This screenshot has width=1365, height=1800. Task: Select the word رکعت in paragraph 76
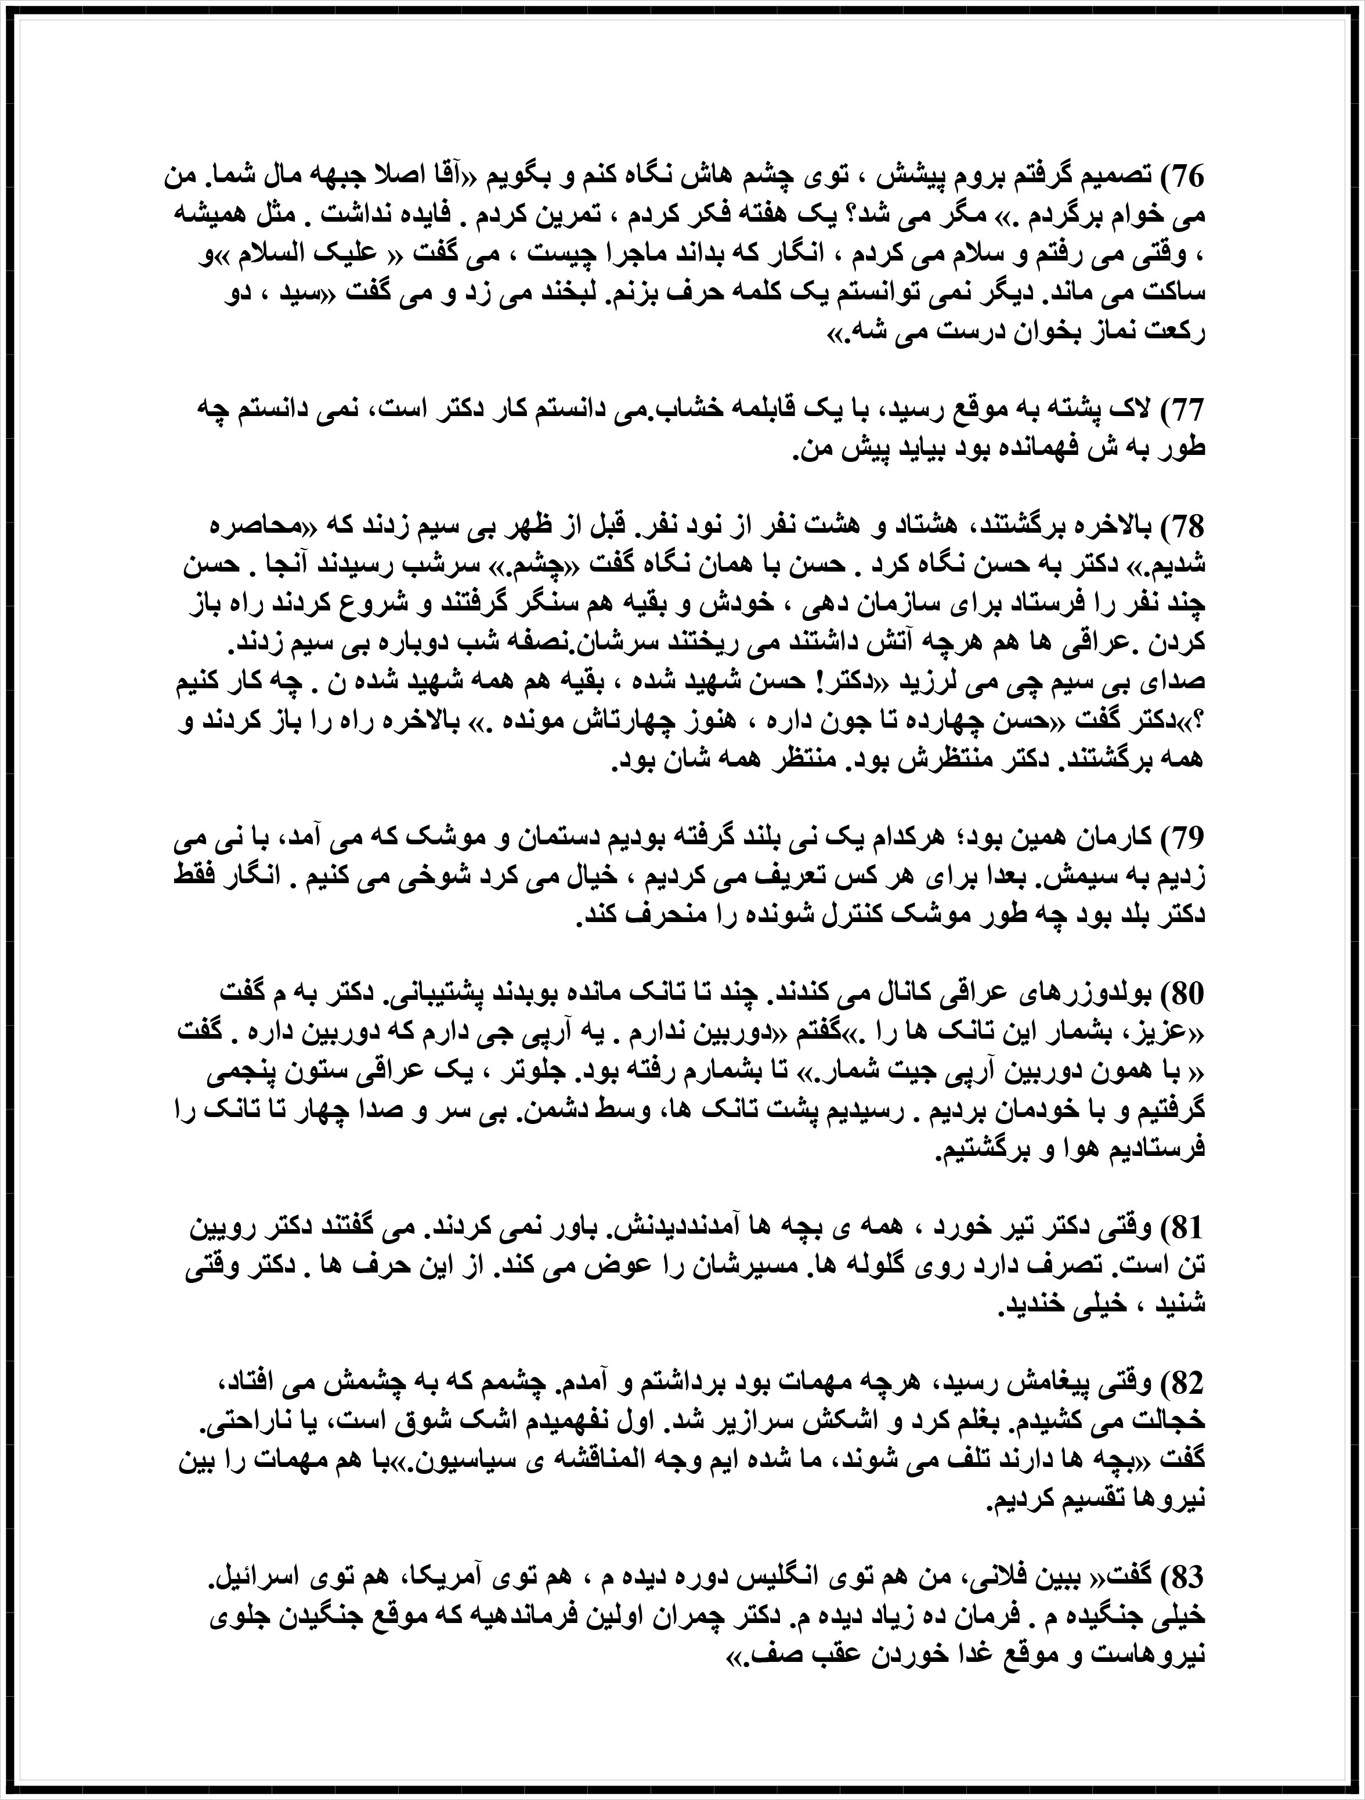[1176, 334]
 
